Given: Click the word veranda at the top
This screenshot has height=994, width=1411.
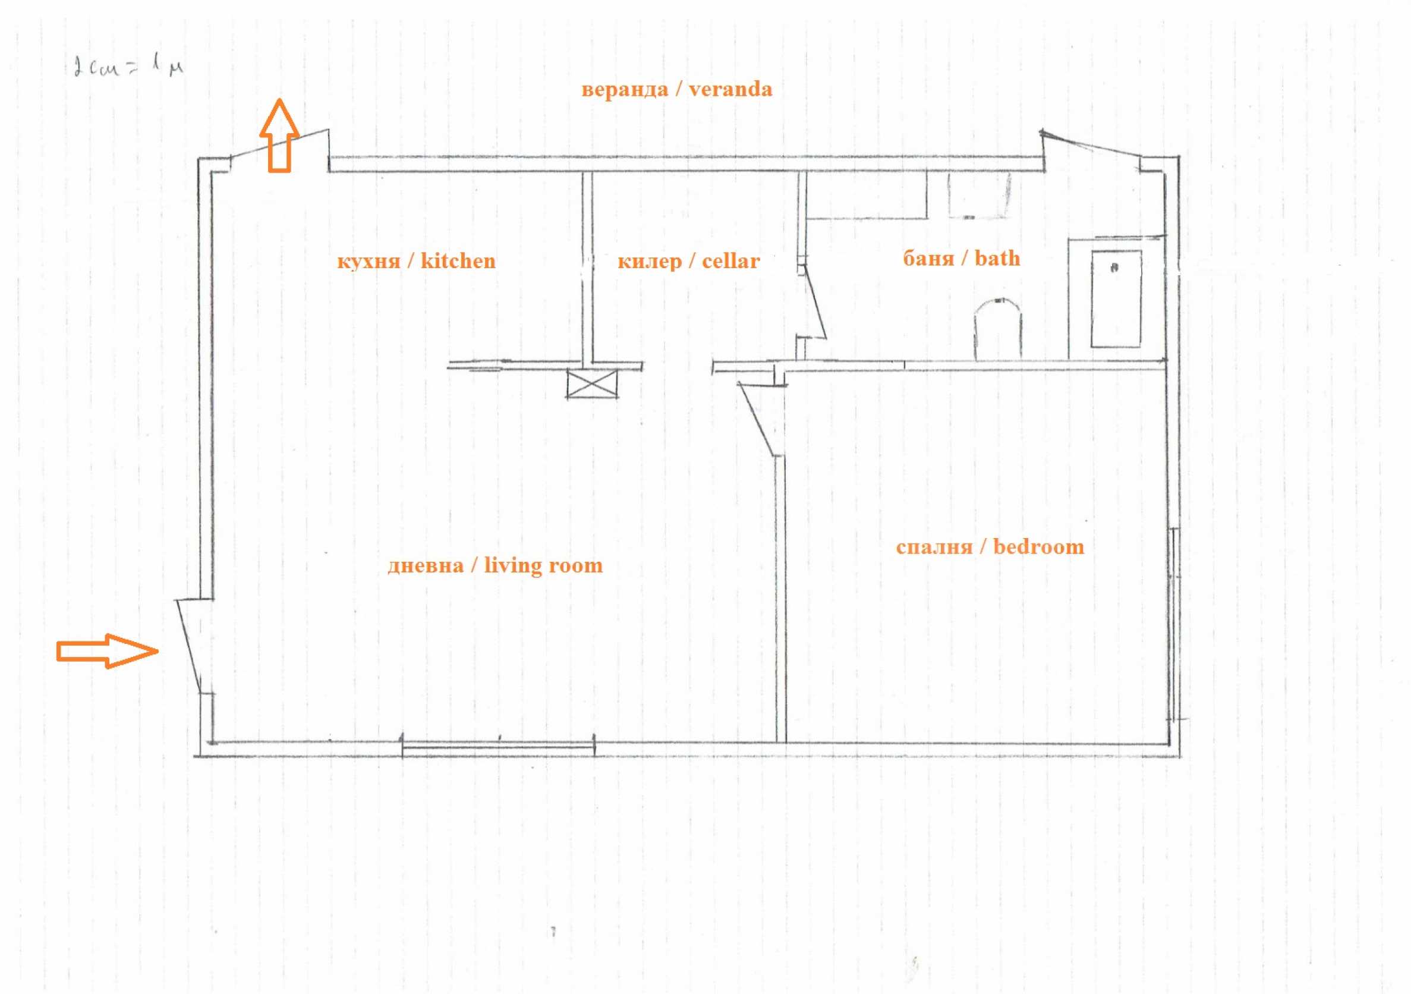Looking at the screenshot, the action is coord(730,90).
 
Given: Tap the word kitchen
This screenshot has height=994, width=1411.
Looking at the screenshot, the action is coord(458,261).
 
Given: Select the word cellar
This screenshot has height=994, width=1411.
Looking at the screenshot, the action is coord(730,261).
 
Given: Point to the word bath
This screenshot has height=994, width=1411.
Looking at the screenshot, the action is coord(997,258).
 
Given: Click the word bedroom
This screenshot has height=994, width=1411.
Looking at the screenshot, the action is coord(1038,546).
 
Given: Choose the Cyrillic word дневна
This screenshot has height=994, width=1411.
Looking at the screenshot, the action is coord(426,565).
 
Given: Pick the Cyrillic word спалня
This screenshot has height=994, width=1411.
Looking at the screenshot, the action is coord(934,547).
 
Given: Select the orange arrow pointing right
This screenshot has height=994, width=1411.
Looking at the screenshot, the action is coord(108,651).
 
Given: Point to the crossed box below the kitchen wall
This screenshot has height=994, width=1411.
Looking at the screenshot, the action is coord(591,384).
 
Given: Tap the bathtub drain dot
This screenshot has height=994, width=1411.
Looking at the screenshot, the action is coord(1114,268).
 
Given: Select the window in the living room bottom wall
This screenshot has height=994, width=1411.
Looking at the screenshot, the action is coord(498,745).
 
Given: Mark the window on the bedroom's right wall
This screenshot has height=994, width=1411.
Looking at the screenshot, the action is coord(1174,624).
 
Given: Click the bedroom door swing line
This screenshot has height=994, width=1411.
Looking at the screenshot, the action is coord(755,419).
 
